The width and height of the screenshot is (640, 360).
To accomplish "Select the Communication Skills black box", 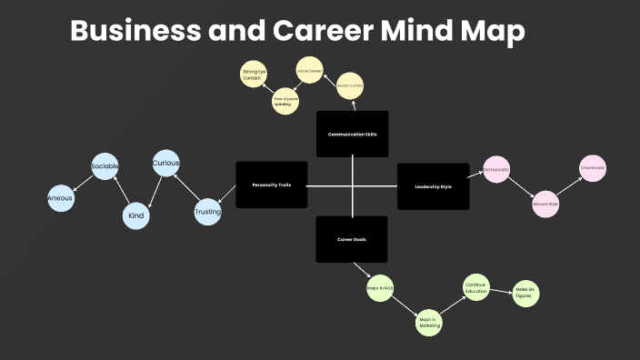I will coord(352,134).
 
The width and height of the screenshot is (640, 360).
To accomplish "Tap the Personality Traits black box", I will coord(272,185).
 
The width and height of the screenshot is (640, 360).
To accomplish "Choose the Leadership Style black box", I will coord(433,186).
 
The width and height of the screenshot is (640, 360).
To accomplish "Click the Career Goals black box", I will coord(352,239).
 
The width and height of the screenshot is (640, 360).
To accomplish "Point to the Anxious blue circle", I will coord(60,198).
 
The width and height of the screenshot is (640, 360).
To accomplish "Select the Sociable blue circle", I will coord(105,167).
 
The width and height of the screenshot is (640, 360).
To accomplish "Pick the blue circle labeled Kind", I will coord(136,216).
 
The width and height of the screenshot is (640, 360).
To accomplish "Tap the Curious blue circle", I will coord(165,164).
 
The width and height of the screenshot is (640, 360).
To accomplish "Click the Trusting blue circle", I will coord(208,213).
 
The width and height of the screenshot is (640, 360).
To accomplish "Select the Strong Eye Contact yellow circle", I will coord(254,75).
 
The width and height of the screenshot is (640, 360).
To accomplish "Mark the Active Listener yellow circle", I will coord(310,70).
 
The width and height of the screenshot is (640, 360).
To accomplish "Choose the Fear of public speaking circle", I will coord(286,102).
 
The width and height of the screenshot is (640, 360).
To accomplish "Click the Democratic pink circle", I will coord(496,170).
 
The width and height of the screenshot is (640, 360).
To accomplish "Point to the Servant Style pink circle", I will coord(545,205).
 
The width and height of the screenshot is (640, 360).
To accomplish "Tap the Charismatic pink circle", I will coord(593,168).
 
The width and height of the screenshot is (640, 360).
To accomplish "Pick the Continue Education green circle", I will coord(476,287).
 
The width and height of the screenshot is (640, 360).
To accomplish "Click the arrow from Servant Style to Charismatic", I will coord(569,186).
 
